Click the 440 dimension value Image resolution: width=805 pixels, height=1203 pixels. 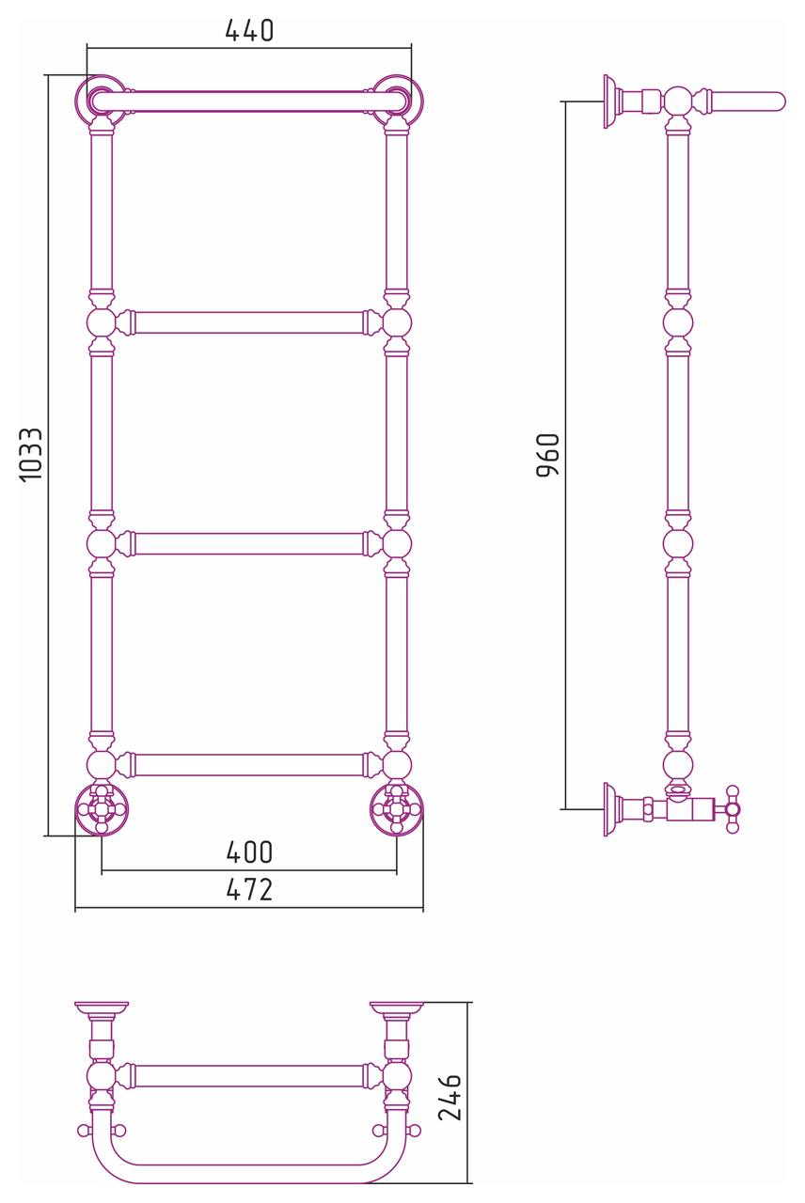pyautogui.click(x=249, y=31)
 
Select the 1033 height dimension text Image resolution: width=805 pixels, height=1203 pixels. pyautogui.click(x=31, y=455)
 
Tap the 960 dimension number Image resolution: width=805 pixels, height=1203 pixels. pyautogui.click(x=548, y=455)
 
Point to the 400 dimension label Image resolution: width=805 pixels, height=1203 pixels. pyautogui.click(x=249, y=852)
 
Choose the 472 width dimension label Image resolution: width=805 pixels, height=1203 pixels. pyautogui.click(x=249, y=889)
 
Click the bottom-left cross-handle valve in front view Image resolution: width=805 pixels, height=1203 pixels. pyautogui.click(x=101, y=809)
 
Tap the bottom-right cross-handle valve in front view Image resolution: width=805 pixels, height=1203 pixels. pyautogui.click(x=397, y=809)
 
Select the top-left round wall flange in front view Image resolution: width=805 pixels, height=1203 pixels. pyautogui.click(x=101, y=101)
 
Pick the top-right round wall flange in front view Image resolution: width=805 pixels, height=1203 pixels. pyautogui.click(x=397, y=101)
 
